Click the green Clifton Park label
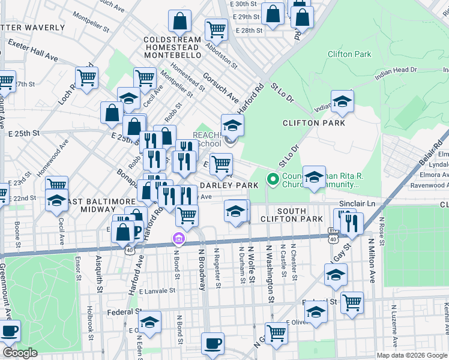[349, 54]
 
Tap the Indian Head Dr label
[396, 70]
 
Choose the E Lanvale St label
[157, 290]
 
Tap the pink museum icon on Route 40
[178, 239]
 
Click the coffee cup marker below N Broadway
[212, 343]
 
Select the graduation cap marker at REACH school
[232, 125]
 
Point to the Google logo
[19, 353]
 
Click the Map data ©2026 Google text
[411, 355]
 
